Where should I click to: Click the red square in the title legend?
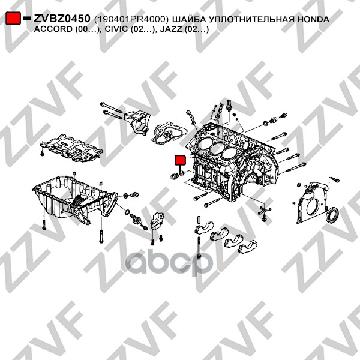click(13, 18)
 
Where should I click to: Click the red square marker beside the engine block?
click(180, 160)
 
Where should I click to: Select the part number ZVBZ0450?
click(62, 19)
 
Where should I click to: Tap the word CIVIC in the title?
click(115, 29)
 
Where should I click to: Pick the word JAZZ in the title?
click(171, 29)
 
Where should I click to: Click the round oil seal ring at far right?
click(332, 215)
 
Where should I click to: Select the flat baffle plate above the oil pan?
click(71, 148)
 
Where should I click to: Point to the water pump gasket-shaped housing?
click(169, 133)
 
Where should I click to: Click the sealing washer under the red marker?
click(181, 173)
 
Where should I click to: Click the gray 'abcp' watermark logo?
click(167, 264)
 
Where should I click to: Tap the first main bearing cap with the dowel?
click(204, 227)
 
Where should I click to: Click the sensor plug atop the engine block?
click(229, 105)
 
